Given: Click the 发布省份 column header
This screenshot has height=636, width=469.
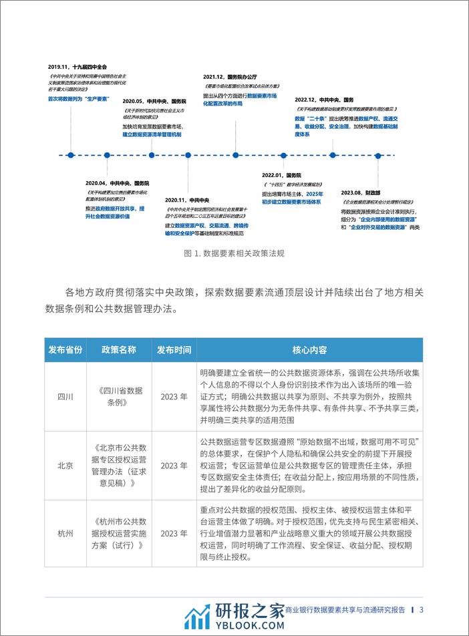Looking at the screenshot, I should (65, 349).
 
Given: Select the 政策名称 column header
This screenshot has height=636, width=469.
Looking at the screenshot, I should (119, 349).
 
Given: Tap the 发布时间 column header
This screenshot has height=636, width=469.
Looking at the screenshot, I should (174, 349).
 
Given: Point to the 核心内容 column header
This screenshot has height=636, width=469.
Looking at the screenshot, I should (309, 349).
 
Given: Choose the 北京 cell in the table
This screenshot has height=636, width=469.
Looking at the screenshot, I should (65, 465).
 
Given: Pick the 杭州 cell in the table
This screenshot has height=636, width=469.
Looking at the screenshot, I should (65, 532).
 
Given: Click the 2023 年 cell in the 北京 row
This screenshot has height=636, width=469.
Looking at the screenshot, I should (174, 465).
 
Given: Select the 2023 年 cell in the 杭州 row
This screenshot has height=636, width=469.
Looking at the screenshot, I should (174, 532).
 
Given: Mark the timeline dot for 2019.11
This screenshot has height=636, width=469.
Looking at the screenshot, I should (69, 155).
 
